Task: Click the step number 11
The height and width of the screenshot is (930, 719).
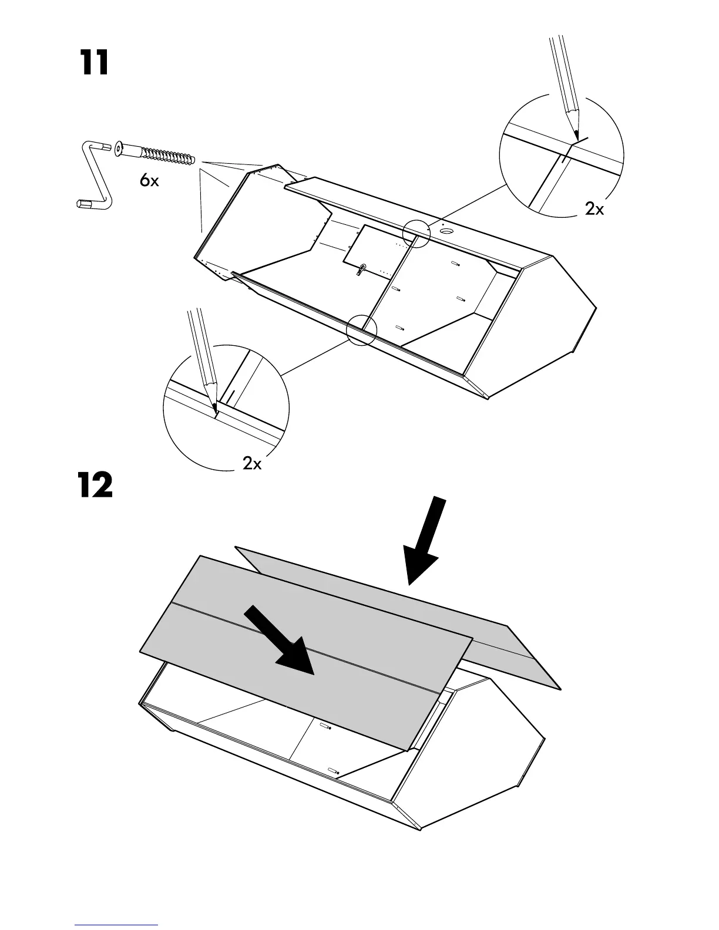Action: (95, 63)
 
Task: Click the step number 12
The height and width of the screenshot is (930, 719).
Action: (95, 486)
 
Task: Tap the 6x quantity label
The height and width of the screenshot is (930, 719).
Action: (149, 181)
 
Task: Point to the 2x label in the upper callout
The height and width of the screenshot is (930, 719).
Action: (594, 208)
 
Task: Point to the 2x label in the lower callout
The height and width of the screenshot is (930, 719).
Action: (252, 464)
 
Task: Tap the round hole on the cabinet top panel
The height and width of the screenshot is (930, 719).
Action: (447, 231)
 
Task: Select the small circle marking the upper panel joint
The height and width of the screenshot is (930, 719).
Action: (416, 234)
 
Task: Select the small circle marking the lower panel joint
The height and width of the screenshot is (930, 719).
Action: (361, 329)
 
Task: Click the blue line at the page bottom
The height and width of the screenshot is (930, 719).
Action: (116, 925)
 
